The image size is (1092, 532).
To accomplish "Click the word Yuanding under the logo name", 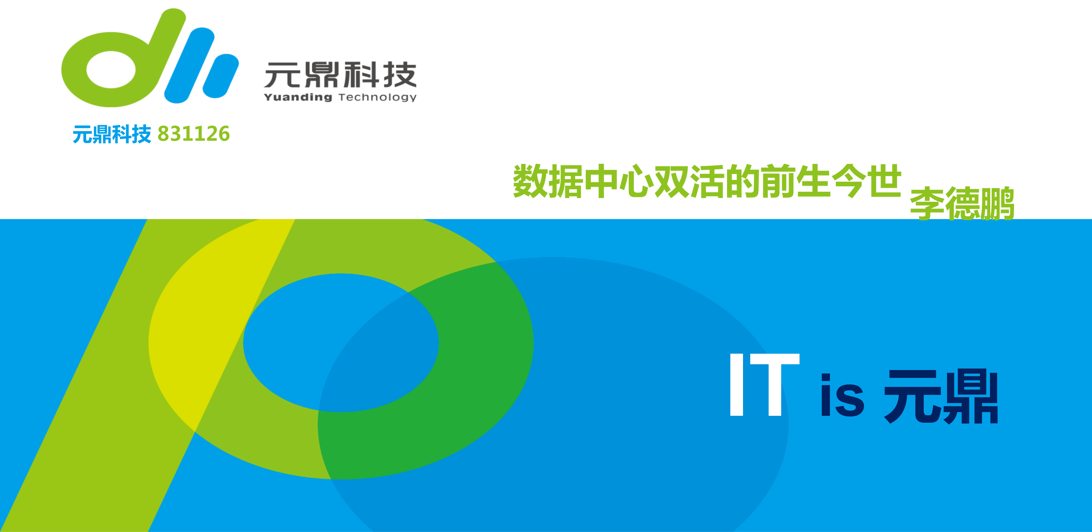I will [x=298, y=97].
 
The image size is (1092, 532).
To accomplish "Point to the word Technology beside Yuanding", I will [x=377, y=98].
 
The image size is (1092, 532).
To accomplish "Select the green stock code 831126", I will [x=194, y=134].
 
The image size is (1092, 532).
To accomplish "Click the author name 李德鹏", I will [x=962, y=204].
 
